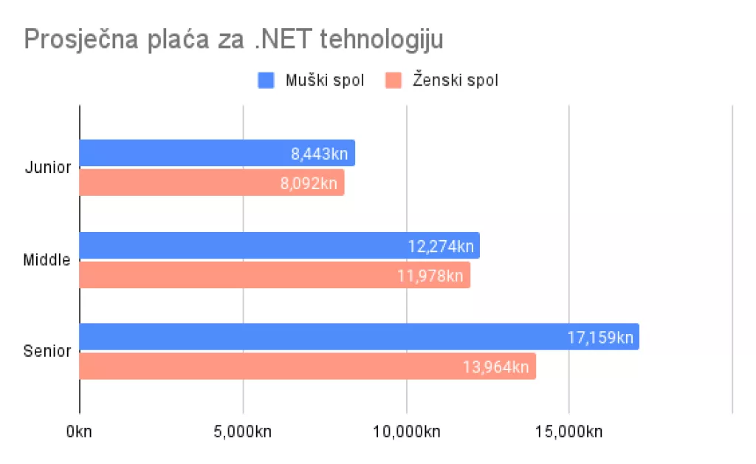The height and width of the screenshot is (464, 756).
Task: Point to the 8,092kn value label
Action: pos(309,183)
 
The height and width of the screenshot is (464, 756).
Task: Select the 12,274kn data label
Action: pos(441,246)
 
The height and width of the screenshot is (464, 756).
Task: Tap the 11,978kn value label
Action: pos(430,276)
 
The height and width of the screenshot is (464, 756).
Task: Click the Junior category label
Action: pos(48,167)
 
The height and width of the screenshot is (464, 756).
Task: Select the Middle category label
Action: pos(47,259)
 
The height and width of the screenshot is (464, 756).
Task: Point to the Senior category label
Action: pos(47,351)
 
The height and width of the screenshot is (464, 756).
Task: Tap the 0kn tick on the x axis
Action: pos(78,431)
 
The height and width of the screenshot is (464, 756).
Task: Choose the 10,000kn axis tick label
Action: pos(406,431)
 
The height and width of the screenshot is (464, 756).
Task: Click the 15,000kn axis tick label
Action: pos(568,431)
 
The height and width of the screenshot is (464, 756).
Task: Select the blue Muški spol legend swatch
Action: pos(266,81)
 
